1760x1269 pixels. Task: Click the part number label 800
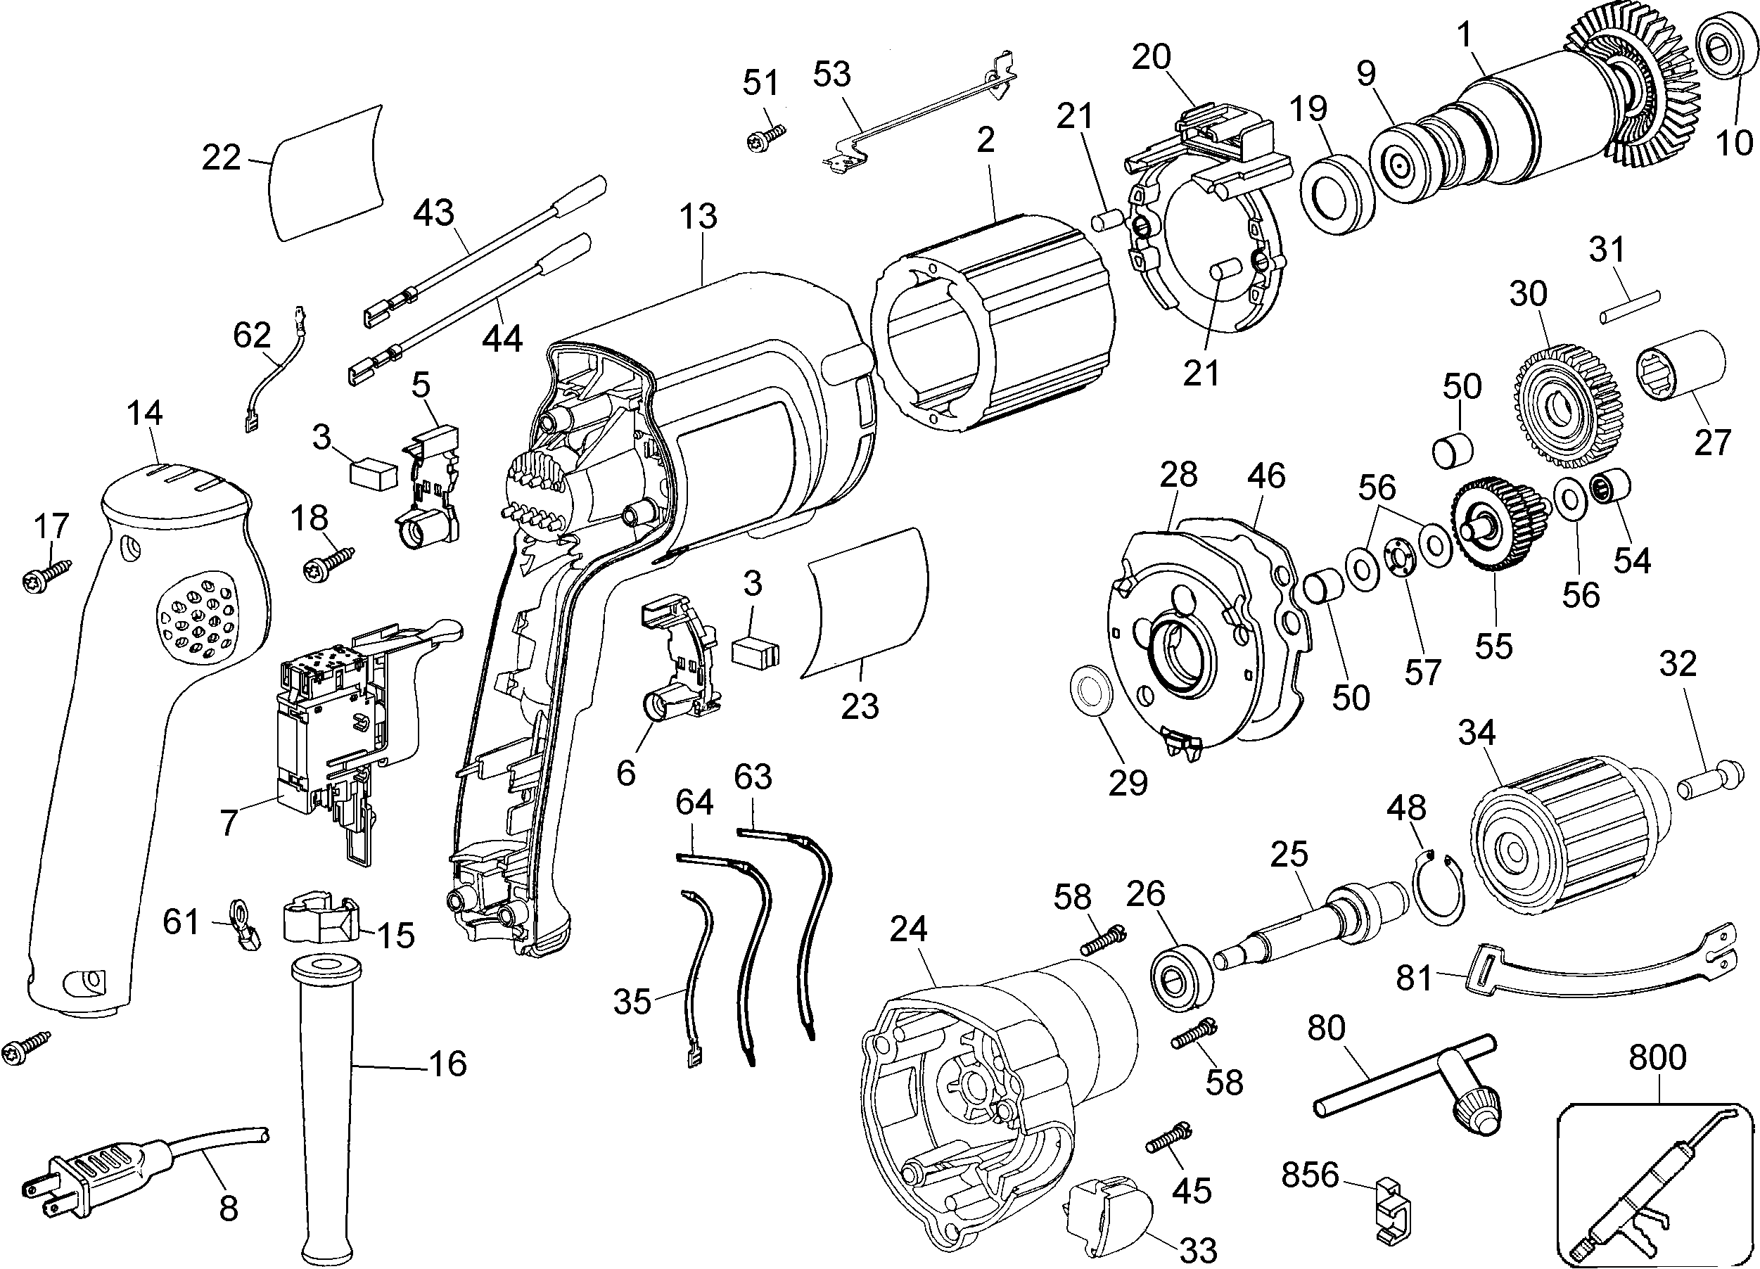coord(1657,1058)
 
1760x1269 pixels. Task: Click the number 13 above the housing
coord(699,217)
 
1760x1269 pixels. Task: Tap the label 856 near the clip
coord(1310,1175)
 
